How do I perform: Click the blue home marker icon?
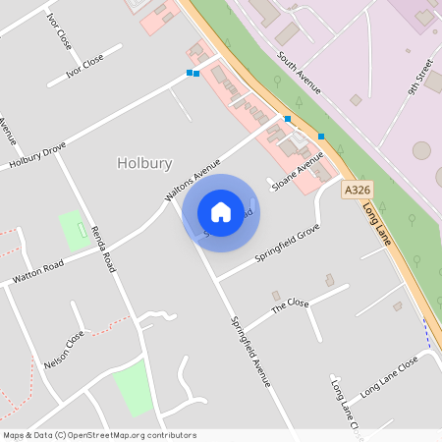click(221, 212)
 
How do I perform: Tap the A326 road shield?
click(357, 189)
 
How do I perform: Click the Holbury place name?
click(144, 163)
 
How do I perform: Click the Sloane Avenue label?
click(298, 171)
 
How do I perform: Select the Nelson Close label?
click(65, 351)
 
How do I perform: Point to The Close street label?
click(290, 304)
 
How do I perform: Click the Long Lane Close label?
click(389, 375)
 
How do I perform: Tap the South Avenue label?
click(299, 73)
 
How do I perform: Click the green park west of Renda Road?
click(73, 230)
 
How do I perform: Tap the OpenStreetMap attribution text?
click(99, 435)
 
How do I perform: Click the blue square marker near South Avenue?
click(321, 136)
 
